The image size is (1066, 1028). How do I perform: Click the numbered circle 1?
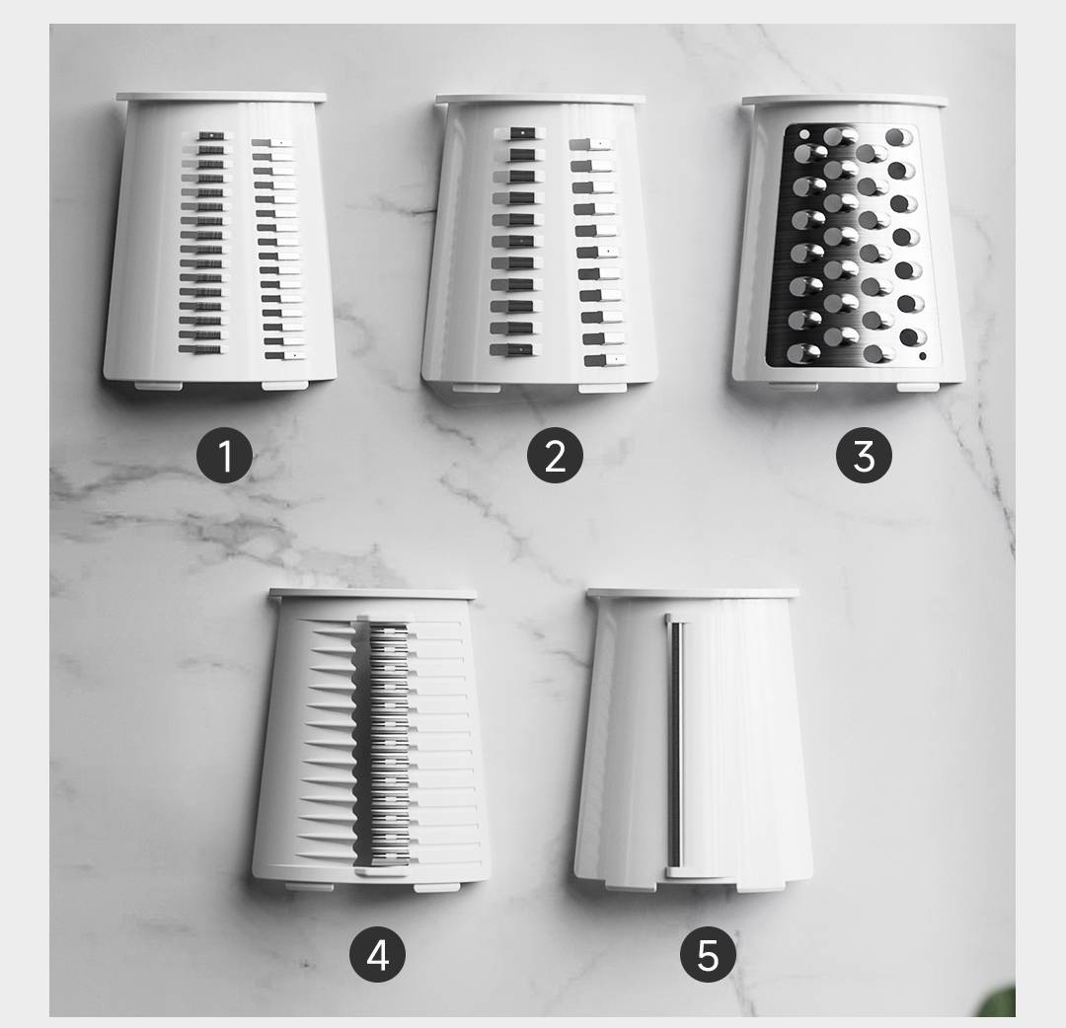click(x=224, y=455)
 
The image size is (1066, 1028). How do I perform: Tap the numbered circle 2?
click(x=555, y=455)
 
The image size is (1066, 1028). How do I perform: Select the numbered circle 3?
click(x=864, y=455)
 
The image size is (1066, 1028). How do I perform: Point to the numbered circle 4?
click(x=377, y=954)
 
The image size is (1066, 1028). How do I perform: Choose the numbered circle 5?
click(x=708, y=954)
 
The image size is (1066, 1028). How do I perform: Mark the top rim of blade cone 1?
click(x=221, y=97)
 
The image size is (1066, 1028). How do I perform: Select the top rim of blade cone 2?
click(x=541, y=100)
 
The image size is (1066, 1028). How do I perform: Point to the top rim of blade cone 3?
click(x=844, y=101)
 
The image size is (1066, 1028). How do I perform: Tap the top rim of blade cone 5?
click(x=693, y=594)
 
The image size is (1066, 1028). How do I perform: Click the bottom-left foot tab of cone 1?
click(x=158, y=386)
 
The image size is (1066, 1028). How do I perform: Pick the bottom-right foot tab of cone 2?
click(x=602, y=388)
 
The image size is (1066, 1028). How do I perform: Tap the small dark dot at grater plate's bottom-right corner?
click(x=923, y=356)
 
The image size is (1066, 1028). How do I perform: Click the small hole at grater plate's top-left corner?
click(x=804, y=134)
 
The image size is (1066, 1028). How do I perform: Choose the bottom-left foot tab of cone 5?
click(x=631, y=887)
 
